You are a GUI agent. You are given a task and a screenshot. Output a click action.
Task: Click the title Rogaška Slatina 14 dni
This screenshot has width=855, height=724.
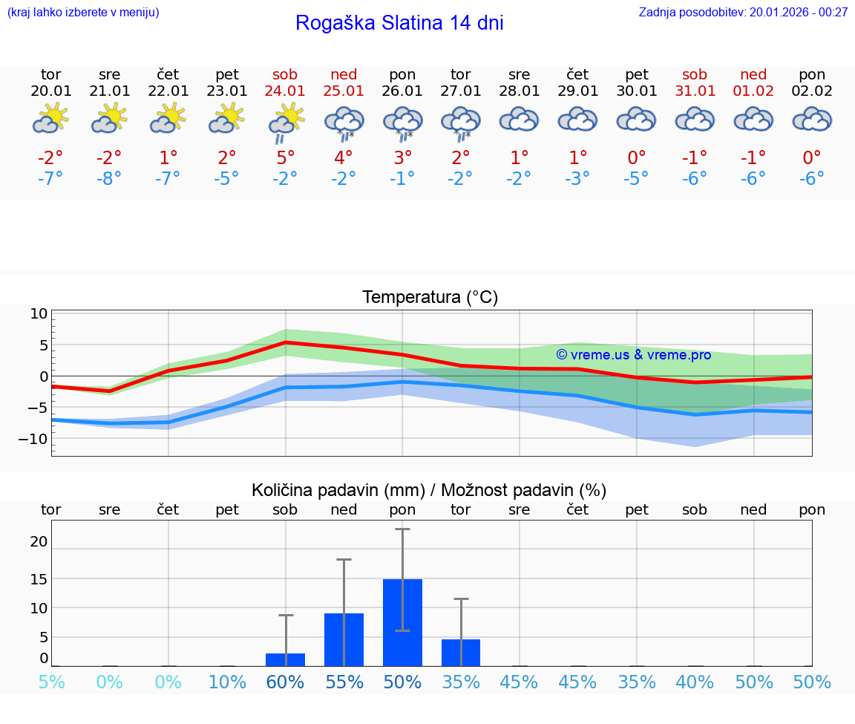(399, 23)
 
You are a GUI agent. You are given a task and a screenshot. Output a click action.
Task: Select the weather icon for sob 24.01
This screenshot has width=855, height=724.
(285, 121)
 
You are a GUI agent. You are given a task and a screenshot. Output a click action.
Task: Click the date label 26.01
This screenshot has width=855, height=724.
(402, 91)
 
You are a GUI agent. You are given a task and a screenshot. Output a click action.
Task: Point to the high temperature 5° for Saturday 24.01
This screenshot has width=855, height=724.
(285, 157)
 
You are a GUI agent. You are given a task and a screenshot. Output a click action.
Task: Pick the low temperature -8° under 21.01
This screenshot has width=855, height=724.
(109, 178)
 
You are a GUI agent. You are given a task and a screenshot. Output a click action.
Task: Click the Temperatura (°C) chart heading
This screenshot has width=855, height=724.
(430, 298)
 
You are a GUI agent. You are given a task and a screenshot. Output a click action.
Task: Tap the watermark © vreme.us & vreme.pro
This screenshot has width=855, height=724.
(633, 355)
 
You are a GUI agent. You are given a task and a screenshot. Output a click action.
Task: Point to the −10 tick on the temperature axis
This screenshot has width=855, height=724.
(33, 438)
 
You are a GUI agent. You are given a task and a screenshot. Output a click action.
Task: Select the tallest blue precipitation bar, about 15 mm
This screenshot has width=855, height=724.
(402, 622)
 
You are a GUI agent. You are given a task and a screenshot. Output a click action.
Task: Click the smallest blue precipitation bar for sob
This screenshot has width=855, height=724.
(285, 659)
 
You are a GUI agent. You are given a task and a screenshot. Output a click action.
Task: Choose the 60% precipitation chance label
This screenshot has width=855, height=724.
(285, 682)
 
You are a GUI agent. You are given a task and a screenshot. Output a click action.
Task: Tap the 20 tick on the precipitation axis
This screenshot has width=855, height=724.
(39, 542)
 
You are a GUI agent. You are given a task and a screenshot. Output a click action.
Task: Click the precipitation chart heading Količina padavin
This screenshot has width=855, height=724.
(429, 490)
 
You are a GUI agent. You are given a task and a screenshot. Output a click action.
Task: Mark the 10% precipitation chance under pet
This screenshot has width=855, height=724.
(227, 682)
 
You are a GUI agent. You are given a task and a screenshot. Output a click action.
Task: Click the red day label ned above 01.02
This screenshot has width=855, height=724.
(753, 74)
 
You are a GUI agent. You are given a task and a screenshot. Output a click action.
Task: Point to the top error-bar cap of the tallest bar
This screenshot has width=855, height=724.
(402, 529)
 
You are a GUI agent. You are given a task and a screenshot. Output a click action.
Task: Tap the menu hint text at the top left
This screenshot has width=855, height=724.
(83, 12)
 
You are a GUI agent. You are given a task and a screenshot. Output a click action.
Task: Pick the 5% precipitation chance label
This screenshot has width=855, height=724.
(50, 682)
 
